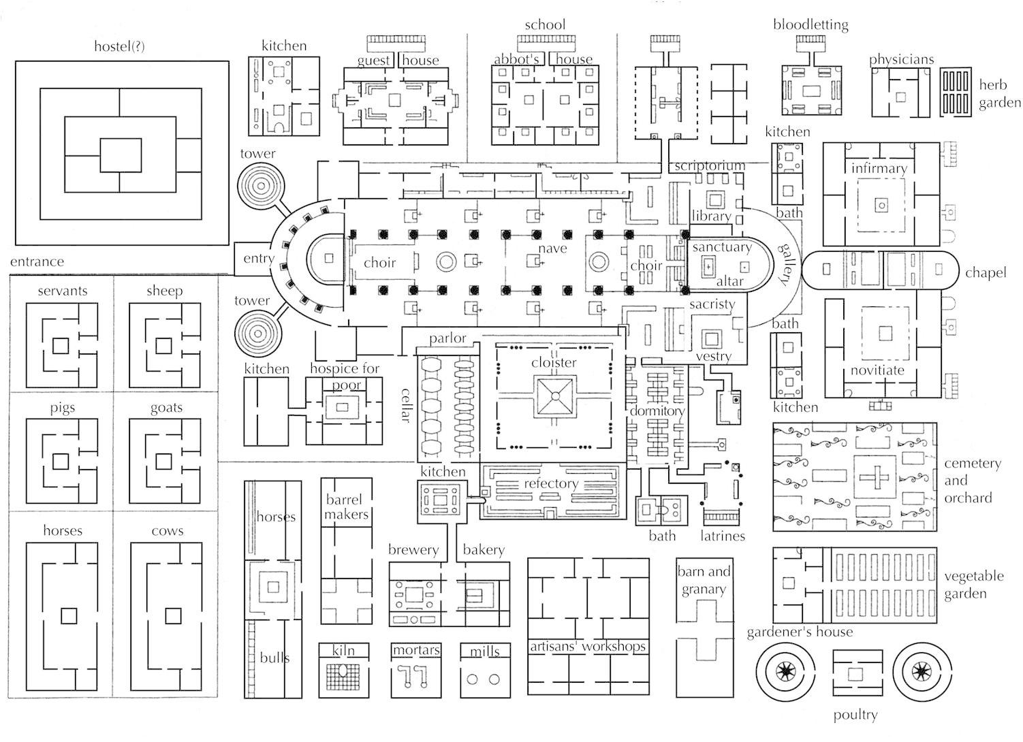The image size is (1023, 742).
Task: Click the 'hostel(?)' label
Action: (119, 46)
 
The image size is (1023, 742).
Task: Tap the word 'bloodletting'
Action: (810, 25)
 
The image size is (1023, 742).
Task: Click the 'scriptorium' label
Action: (710, 165)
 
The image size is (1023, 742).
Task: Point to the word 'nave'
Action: (552, 248)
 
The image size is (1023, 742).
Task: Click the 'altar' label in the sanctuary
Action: (730, 281)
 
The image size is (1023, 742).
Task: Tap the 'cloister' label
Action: (554, 363)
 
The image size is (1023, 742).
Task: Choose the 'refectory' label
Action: (551, 484)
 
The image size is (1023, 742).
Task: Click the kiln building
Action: (343, 671)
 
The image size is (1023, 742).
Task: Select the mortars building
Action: (416, 671)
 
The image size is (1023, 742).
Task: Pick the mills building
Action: (485, 671)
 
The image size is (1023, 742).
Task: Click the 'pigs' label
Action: (63, 408)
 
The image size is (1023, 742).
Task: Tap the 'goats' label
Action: (166, 408)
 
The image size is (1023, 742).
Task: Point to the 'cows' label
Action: (168, 531)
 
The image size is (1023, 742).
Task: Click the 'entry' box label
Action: (259, 259)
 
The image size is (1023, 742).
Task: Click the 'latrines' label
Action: (723, 536)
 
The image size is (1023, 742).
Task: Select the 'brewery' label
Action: (413, 550)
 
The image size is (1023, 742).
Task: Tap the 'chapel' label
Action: (986, 273)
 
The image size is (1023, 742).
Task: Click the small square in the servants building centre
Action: (61, 345)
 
